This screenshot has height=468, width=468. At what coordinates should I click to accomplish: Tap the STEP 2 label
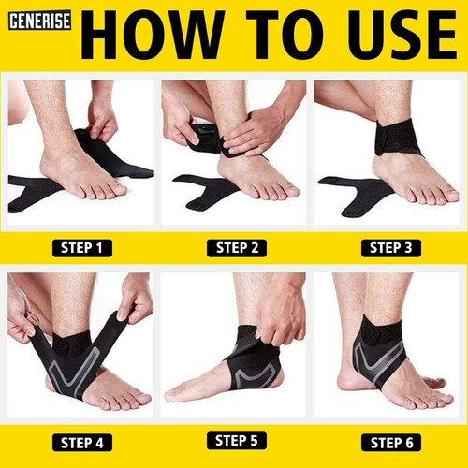[x=236, y=248]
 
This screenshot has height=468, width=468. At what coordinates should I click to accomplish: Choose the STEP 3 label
[x=390, y=248]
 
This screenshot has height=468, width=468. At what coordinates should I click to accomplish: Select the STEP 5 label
[x=236, y=439]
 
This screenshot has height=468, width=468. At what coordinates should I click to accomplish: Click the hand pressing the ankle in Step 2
[x=253, y=131]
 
